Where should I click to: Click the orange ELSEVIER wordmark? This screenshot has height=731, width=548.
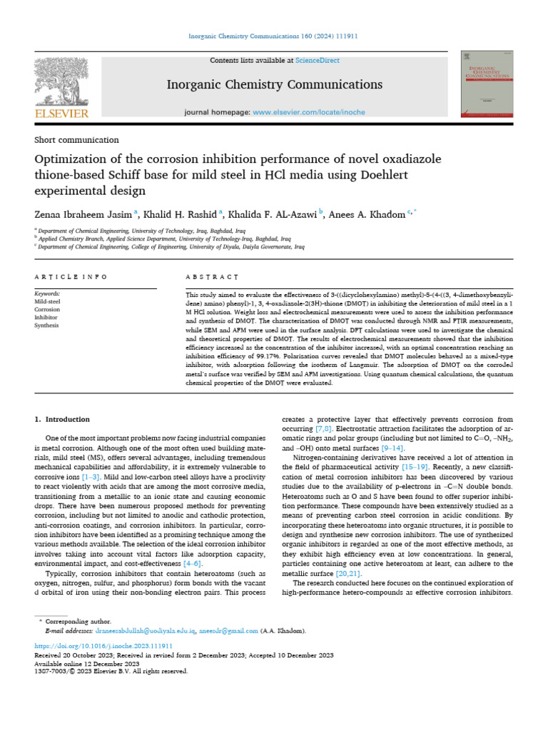[61, 114]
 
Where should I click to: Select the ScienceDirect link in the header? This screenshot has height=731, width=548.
[319, 61]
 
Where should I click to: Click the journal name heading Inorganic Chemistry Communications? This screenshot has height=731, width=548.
[274, 85]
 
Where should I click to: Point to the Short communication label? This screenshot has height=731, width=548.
[76, 140]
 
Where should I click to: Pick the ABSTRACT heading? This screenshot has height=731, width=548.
[211, 276]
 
